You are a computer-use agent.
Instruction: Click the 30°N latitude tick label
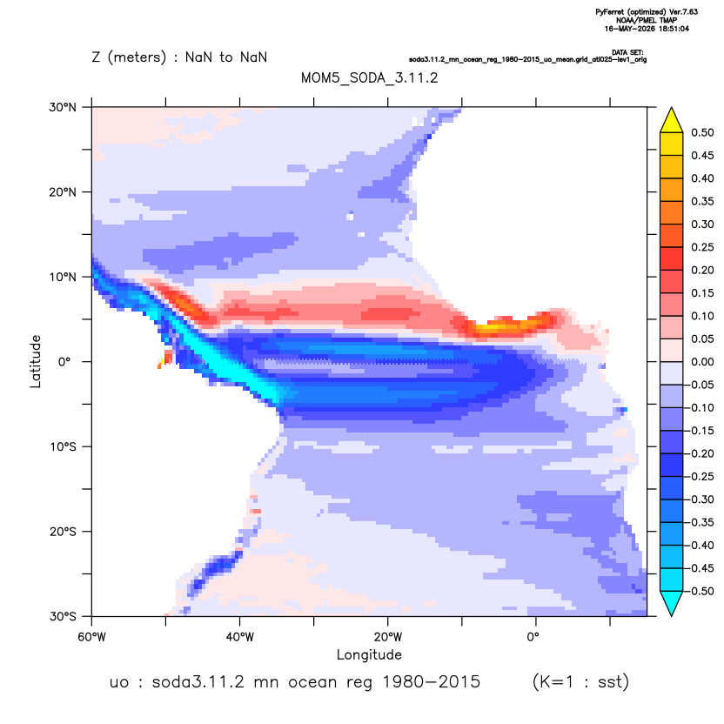[x=63, y=107]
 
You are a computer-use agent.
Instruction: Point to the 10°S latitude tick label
[x=64, y=446]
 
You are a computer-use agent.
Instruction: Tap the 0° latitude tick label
[x=64, y=361]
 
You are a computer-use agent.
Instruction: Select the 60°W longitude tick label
[x=92, y=637]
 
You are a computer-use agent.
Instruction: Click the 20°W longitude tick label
[x=388, y=637]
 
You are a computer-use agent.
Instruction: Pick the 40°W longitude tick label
[x=239, y=637]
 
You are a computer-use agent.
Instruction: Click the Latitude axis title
[x=36, y=361]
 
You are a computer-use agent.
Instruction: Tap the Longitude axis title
[x=369, y=654]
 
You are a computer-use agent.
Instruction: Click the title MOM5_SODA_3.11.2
[x=369, y=77]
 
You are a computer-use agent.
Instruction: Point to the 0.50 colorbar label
[x=702, y=132]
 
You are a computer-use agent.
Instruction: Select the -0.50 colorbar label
[x=701, y=591]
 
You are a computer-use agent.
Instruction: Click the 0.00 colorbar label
[x=702, y=361]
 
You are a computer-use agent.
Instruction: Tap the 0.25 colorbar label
[x=702, y=247]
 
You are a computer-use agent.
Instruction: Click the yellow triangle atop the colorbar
[x=672, y=121]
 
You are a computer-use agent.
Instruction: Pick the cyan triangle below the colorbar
[x=672, y=602]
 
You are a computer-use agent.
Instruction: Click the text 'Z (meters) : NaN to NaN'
[x=179, y=57]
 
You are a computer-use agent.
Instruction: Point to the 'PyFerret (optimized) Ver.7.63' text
[x=647, y=12]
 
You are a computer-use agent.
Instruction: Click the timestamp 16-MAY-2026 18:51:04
[x=647, y=29]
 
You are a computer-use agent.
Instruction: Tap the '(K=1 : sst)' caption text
[x=581, y=681]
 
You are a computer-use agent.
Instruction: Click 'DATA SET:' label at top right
[x=627, y=52]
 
